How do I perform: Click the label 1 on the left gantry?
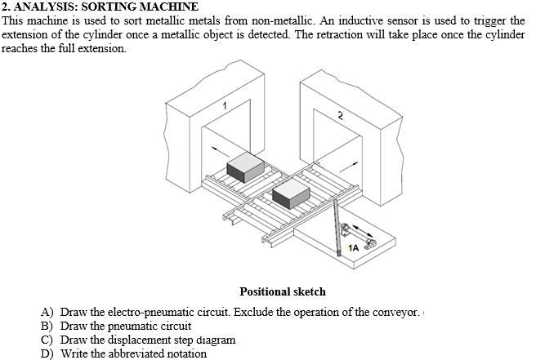click(225, 104)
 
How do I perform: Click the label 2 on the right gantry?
click(340, 115)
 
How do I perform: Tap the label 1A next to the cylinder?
click(353, 247)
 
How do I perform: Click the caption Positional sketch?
click(283, 291)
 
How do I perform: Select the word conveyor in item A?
click(396, 313)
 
